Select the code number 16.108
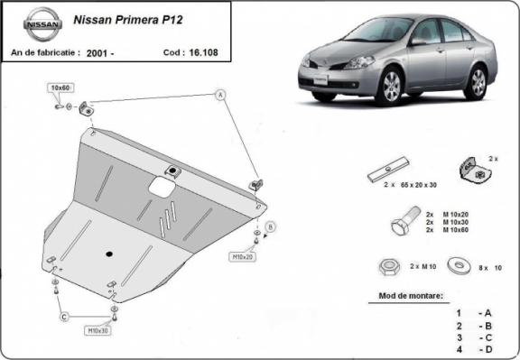click(203, 53)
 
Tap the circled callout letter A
click(218, 94)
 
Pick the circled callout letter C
click(64, 317)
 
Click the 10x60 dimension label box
click(60, 88)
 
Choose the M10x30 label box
click(98, 330)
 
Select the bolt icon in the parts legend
click(405, 221)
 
